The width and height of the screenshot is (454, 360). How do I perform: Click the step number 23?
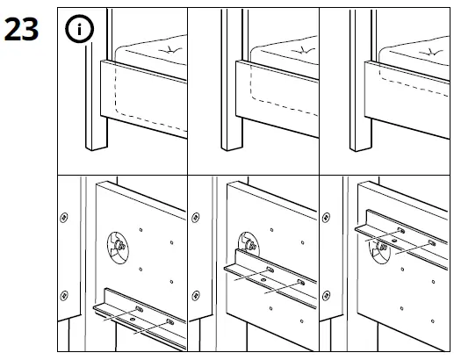25,29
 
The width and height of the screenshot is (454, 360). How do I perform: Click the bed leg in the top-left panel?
92,105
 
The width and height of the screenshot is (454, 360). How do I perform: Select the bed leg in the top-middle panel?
232,105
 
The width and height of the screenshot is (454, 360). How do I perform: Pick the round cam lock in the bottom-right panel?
379,248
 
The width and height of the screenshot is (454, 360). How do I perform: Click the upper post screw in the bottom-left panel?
63,217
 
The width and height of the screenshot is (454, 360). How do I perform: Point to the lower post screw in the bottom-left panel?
63,296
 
